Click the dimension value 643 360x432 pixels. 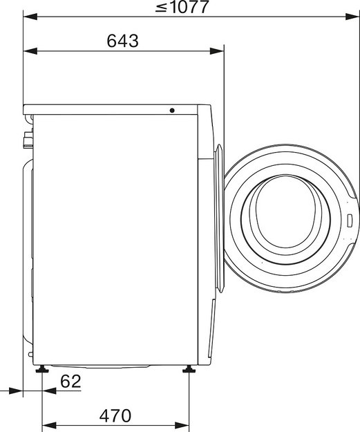(x=123, y=41)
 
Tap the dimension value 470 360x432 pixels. (x=115, y=416)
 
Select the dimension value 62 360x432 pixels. (x=70, y=380)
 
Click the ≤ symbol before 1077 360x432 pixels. (x=160, y=8)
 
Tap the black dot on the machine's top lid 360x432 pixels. (x=172, y=110)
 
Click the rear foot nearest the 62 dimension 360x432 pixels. (x=43, y=372)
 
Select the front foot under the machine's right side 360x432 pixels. (x=188, y=372)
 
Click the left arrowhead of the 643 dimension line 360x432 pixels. (x=28, y=50)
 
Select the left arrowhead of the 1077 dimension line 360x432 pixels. (x=28, y=17)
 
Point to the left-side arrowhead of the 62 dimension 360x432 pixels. (x=19, y=391)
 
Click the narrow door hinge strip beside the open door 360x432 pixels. (x=218, y=221)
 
